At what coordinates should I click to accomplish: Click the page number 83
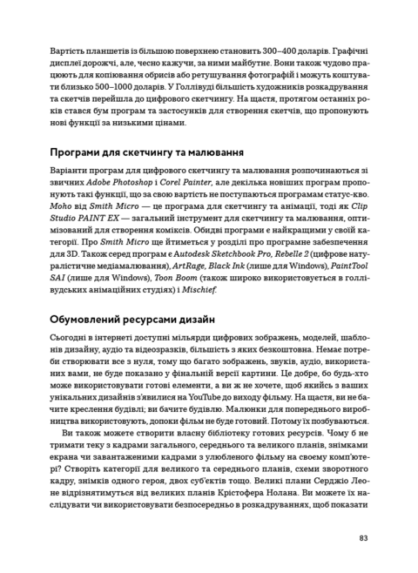tap(364, 537)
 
